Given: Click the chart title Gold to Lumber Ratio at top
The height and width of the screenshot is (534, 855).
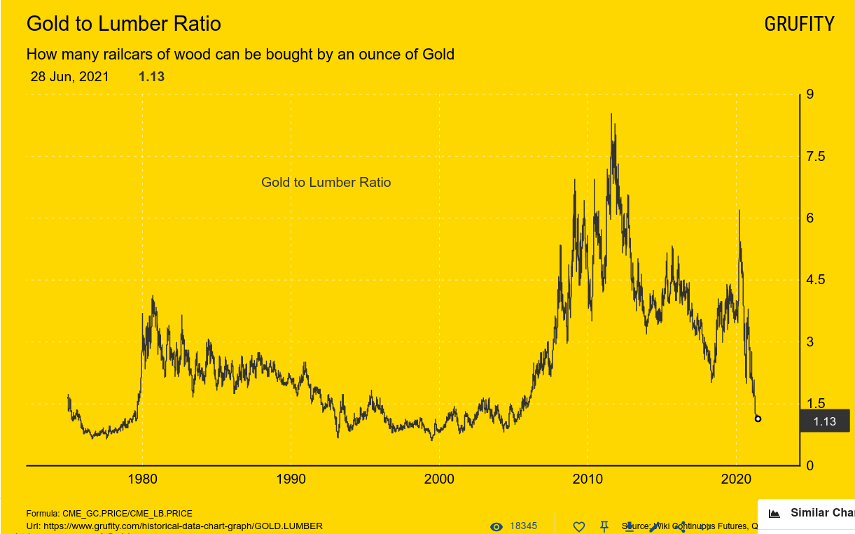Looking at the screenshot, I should point(123,24).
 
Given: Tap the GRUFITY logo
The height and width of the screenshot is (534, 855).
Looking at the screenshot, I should point(799,24).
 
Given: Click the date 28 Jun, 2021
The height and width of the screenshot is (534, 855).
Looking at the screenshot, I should point(69,77).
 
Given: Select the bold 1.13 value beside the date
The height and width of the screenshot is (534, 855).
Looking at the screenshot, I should point(151,77).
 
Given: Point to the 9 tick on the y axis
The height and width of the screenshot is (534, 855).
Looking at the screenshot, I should point(810,94).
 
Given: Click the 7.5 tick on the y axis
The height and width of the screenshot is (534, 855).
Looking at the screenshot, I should point(816,156).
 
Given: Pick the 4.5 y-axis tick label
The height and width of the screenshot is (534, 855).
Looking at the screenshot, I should point(816,280).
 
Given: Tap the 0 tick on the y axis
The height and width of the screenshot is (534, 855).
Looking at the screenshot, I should point(810,465).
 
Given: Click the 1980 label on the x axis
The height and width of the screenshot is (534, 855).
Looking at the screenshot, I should point(143,480).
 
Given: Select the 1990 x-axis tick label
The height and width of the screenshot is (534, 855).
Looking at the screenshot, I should point(291,480).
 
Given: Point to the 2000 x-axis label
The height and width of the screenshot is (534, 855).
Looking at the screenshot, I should point(440,480).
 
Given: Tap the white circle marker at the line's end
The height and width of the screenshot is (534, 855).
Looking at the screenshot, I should point(758,419).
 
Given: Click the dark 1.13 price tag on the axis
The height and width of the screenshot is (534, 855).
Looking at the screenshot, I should point(824,421).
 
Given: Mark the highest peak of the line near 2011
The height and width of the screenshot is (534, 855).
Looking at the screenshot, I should point(611,114).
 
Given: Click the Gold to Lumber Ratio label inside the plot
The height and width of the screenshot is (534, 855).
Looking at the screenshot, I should point(326,183).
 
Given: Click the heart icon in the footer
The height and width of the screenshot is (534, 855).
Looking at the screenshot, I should point(578,526).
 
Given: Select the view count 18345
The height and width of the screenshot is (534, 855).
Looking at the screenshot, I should point(523,526).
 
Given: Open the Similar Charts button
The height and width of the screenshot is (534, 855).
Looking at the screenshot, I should point(812,513).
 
